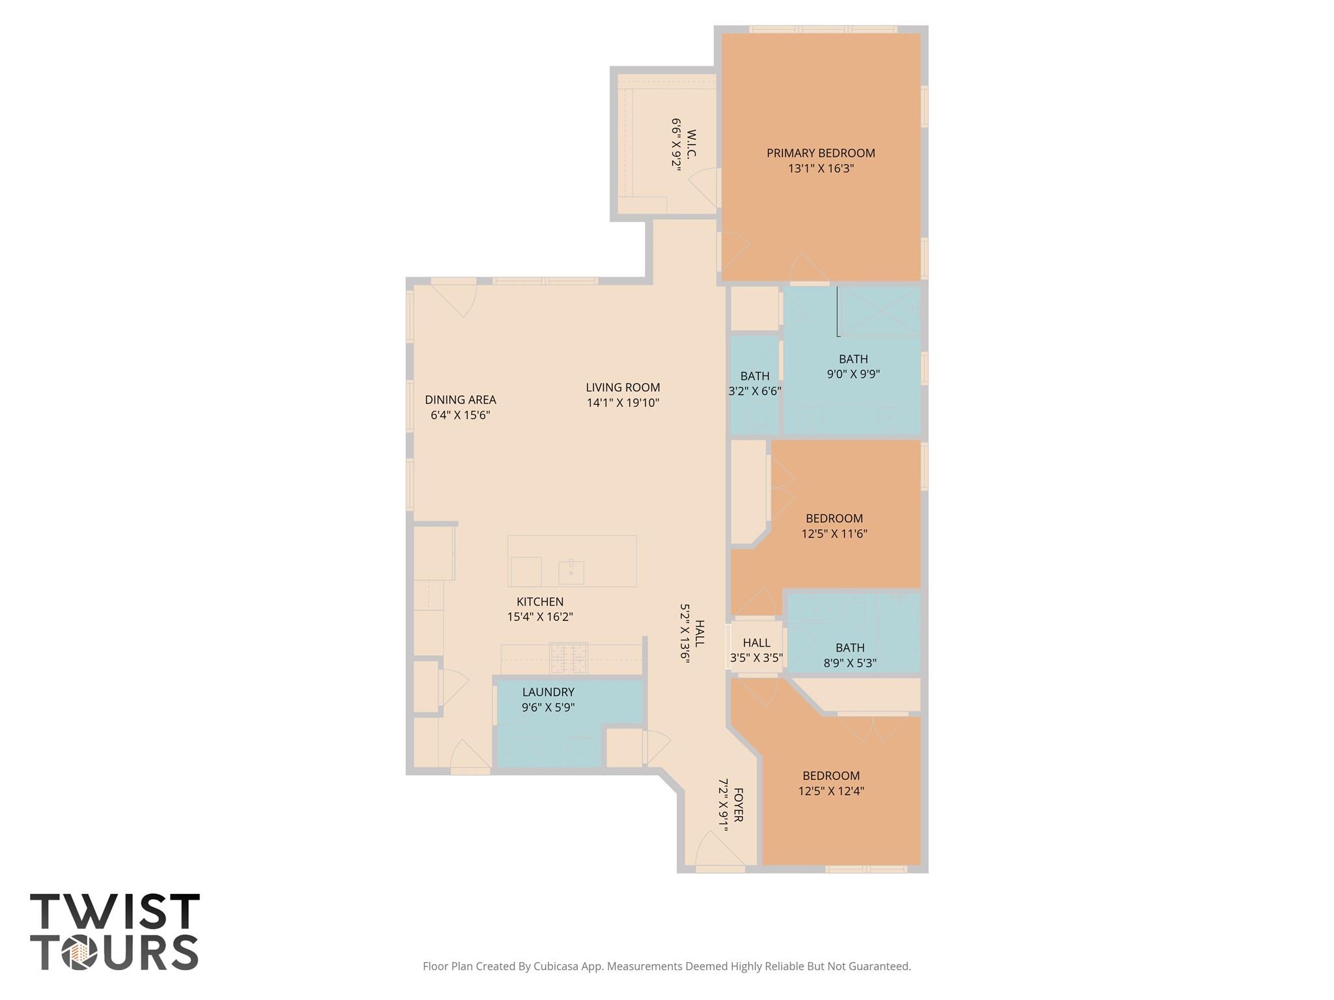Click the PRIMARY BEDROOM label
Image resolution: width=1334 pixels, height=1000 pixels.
tap(820, 153)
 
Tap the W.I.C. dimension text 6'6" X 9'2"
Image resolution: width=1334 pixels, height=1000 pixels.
tap(676, 144)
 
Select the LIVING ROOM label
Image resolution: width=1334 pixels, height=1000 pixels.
tap(623, 387)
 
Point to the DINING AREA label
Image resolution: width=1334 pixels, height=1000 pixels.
tap(460, 400)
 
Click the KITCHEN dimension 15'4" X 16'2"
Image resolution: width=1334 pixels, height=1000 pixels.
tap(539, 617)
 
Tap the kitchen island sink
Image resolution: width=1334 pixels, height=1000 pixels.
tap(571, 572)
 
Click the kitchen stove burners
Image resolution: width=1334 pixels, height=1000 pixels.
tap(568, 658)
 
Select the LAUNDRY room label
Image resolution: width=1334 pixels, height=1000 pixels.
tap(548, 692)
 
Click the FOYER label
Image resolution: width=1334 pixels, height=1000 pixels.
tap(738, 805)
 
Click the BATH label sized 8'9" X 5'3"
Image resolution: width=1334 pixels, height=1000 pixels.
tap(850, 648)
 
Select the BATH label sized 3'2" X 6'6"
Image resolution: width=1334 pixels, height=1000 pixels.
tap(754, 376)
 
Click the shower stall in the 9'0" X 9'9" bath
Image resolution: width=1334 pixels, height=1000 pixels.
tap(880, 311)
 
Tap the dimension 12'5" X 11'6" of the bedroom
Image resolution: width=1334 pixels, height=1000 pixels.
tap(834, 534)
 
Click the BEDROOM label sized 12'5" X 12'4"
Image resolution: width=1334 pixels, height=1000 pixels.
tap(830, 775)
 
